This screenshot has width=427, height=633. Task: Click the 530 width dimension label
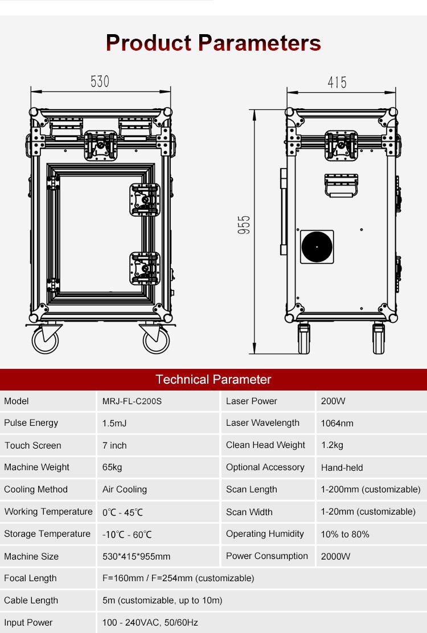100,81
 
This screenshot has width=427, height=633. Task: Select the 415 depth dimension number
337,83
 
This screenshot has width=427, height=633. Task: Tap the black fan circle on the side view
317,246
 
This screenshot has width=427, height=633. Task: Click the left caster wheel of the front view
45,339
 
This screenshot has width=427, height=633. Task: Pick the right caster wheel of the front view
155,339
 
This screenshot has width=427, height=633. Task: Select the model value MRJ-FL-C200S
132,401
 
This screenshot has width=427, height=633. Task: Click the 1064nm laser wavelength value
337,423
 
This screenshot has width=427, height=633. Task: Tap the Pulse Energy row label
31,423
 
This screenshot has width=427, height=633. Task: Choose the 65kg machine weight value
112,467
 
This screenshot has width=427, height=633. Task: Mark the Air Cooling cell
125,490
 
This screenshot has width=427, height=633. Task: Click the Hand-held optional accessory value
342,467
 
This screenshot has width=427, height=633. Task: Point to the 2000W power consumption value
335,556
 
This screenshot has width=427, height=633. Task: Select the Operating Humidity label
265,534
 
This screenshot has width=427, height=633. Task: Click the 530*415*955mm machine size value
136,556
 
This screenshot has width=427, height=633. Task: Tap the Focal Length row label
30,578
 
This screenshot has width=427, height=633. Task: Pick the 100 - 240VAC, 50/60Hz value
150,623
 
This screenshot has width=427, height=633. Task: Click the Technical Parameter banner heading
213,380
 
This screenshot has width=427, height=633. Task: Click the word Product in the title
149,43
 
